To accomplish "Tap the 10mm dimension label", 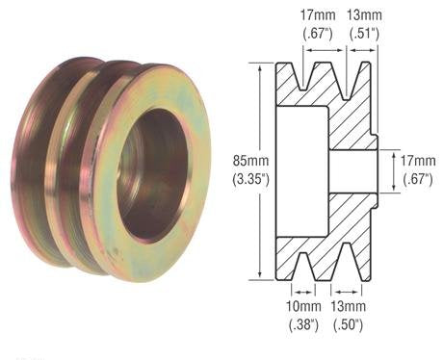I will [x=303, y=308].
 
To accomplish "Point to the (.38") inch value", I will [x=303, y=325].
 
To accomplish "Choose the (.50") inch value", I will [x=347, y=325].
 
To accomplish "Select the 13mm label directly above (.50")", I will [x=347, y=308].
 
